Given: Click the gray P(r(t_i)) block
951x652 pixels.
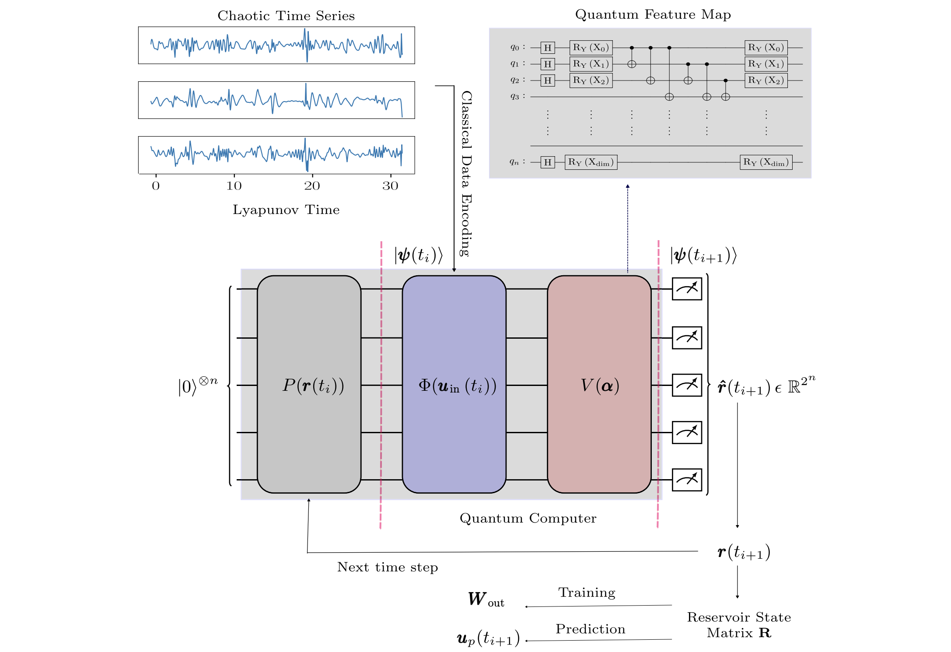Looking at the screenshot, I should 309,384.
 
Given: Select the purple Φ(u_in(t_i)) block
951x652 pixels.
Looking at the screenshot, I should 454,384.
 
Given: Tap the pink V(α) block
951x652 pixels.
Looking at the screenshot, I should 599,384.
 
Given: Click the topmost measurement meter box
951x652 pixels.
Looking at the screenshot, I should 687,289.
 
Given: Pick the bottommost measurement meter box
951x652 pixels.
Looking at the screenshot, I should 687,480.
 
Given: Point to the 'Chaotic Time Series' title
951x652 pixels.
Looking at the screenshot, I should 286,16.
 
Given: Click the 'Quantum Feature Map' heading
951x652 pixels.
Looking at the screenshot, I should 653,14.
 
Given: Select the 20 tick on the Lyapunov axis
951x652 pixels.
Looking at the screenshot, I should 312,186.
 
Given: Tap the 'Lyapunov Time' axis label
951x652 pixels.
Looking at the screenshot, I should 286,210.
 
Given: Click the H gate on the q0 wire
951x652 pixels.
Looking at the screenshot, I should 548,48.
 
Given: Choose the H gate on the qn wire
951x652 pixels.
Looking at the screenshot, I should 548,162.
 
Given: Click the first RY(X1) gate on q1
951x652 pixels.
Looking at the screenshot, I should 591,64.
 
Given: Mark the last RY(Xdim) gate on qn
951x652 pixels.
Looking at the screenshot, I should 766,162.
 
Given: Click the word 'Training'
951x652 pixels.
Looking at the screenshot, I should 587,592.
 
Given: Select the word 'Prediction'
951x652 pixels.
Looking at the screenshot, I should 591,629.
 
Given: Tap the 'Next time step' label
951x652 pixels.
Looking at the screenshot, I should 388,567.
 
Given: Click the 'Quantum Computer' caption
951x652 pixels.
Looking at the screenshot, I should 528,518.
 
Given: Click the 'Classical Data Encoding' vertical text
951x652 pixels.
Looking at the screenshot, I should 466,173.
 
